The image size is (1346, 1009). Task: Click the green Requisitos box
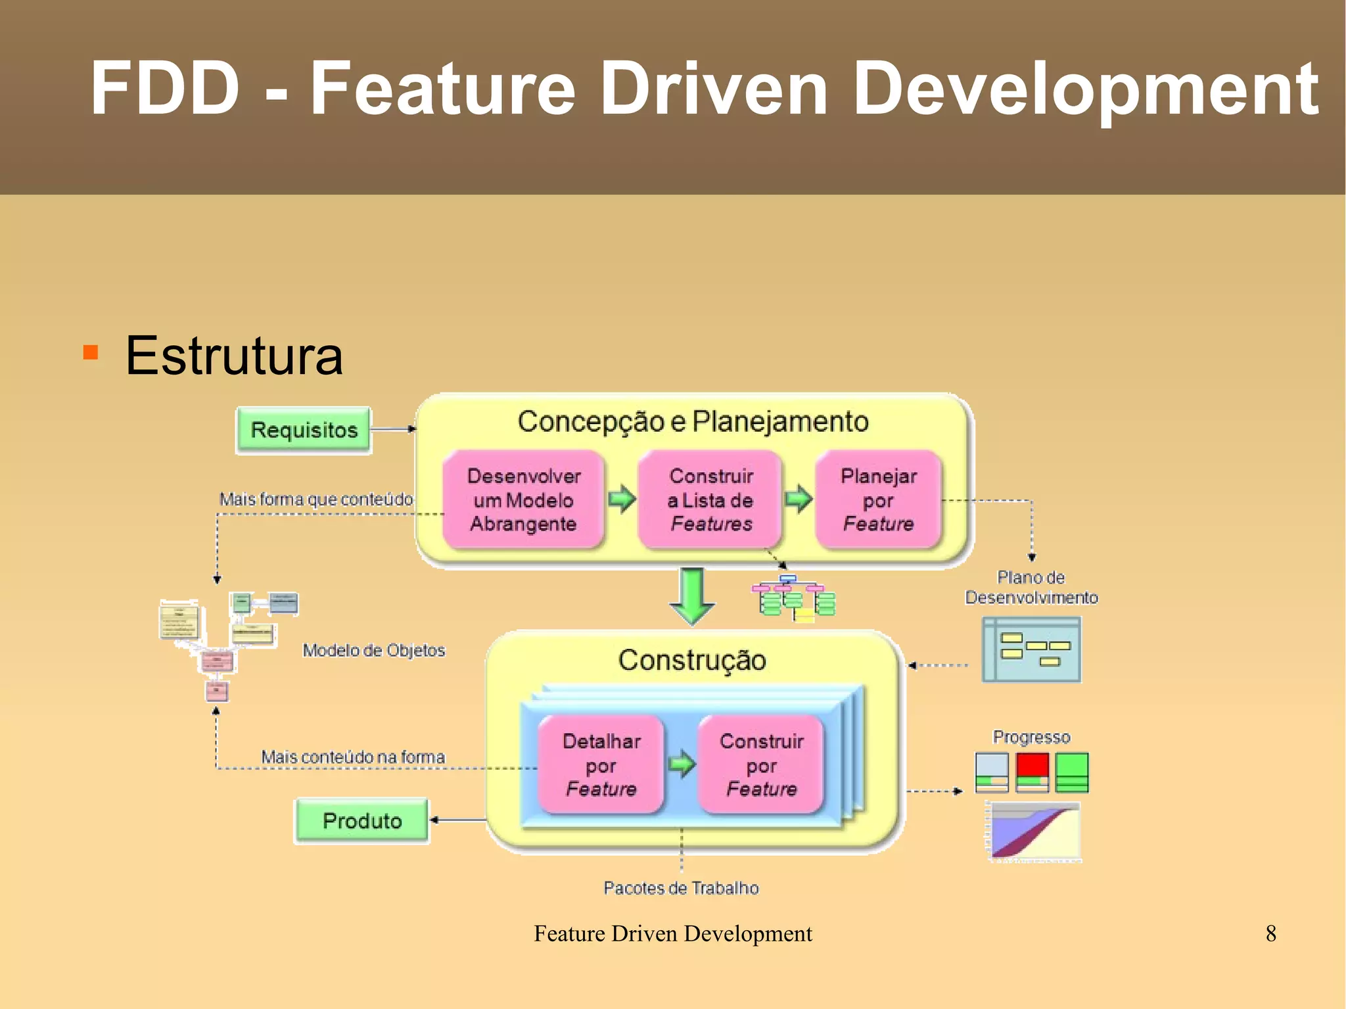(x=304, y=430)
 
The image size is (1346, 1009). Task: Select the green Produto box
(x=361, y=820)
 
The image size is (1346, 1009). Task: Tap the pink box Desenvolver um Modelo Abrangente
(x=524, y=500)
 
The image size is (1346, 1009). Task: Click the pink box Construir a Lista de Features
(x=710, y=500)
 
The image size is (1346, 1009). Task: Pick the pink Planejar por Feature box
(x=878, y=500)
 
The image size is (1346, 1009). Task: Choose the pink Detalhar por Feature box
(x=601, y=765)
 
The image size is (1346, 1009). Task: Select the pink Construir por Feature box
(x=761, y=765)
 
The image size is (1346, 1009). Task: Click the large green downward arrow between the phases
(x=692, y=596)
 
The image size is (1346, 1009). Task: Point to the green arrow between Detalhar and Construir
(x=682, y=764)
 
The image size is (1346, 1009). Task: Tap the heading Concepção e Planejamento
(x=693, y=421)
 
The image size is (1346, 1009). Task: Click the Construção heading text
(x=692, y=660)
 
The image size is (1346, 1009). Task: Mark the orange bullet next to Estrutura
(x=91, y=352)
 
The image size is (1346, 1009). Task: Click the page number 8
(x=1270, y=933)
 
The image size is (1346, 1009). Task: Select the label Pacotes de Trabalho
(x=681, y=888)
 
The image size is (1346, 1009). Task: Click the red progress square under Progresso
(x=1032, y=766)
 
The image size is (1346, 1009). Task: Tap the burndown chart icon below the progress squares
(x=1034, y=831)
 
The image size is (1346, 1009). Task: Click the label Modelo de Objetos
(x=373, y=650)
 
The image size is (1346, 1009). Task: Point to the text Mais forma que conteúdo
(x=316, y=499)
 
